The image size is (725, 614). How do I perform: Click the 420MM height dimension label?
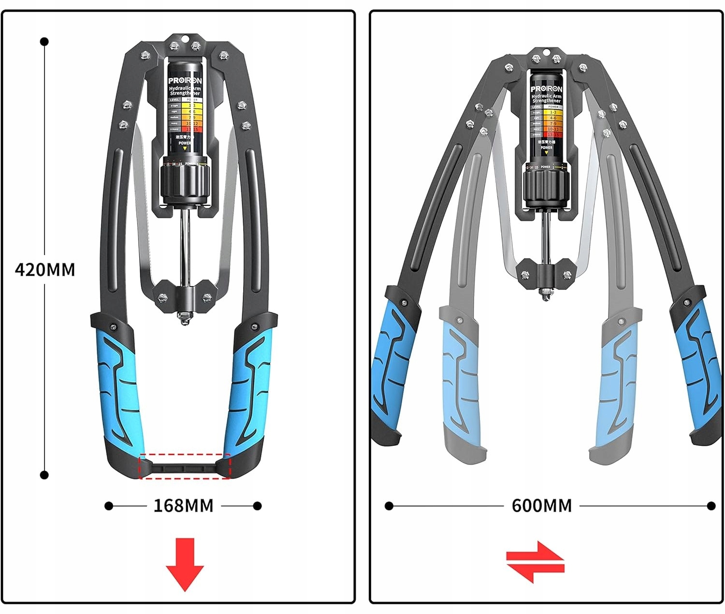pyautogui.click(x=45, y=269)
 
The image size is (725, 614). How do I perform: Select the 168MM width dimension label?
pyautogui.click(x=183, y=506)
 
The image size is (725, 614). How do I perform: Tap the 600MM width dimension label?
pyautogui.click(x=541, y=506)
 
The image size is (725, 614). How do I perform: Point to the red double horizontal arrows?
pyautogui.click(x=535, y=562)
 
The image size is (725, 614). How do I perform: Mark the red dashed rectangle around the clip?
pyautogui.click(x=185, y=467)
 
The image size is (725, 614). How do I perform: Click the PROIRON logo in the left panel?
pyautogui.click(x=185, y=80)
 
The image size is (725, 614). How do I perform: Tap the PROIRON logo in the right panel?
pyautogui.click(x=546, y=89)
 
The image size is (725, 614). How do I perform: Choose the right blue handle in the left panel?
pyautogui.click(x=249, y=387)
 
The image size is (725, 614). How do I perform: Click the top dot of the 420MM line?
pyautogui.click(x=44, y=42)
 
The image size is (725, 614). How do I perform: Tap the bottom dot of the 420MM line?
pyautogui.click(x=44, y=475)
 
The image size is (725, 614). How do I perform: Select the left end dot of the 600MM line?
pyautogui.click(x=389, y=506)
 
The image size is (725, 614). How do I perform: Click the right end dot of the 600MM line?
pyautogui.click(x=711, y=506)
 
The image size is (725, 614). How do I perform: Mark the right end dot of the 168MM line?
pyautogui.click(x=257, y=506)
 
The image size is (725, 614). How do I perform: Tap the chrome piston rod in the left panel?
pyautogui.click(x=184, y=247)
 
